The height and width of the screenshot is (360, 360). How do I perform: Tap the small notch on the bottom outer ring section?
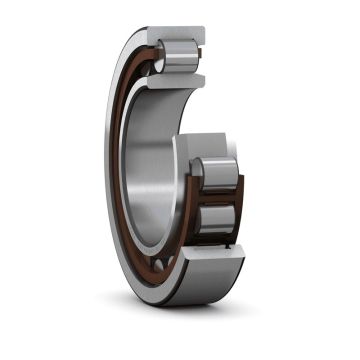pyautogui.click(x=237, y=245)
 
